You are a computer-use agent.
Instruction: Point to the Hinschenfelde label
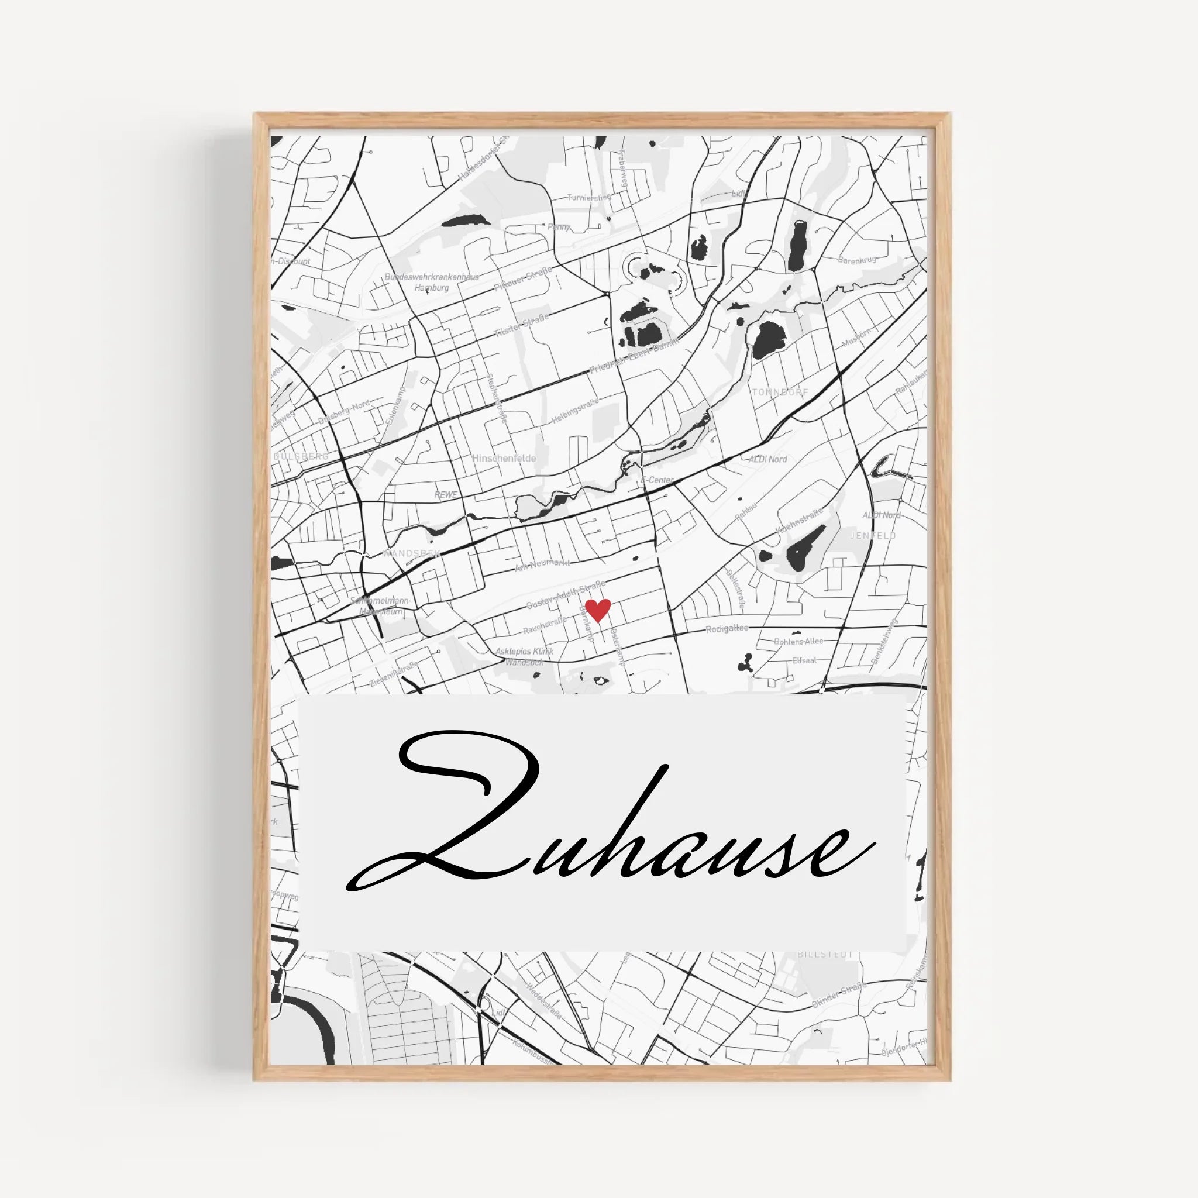(504, 458)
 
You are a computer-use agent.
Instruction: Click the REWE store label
(445, 495)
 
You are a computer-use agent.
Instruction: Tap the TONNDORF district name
(780, 392)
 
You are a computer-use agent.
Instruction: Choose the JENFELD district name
(873, 535)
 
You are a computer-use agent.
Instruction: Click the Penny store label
(559, 227)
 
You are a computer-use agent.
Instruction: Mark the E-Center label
(657, 480)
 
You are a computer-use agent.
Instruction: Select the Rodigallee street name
(727, 628)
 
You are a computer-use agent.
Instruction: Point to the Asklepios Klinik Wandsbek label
(524, 657)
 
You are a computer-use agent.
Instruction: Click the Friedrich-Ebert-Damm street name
(634, 355)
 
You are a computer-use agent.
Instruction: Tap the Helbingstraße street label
(576, 412)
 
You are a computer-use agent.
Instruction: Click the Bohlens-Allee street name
(798, 641)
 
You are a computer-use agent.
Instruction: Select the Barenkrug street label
(856, 260)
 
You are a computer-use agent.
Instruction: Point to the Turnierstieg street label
(588, 197)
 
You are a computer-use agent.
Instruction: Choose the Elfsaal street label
(804, 660)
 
